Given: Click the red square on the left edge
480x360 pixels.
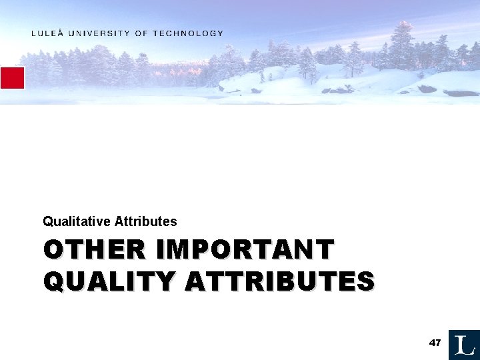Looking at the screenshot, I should tap(12, 78).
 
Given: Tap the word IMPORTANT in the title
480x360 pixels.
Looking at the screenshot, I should tap(245, 250).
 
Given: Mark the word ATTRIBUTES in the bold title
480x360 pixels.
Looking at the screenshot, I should tap(279, 281).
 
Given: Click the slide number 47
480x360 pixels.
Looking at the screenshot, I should tap(435, 343).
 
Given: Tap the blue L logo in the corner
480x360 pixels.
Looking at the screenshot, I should tap(464, 345).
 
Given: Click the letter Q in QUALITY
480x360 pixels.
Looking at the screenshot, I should tap(53, 281).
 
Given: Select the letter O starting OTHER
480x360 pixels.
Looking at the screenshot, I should tap(53, 250).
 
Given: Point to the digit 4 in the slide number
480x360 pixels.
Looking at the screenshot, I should tap(432, 343).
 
